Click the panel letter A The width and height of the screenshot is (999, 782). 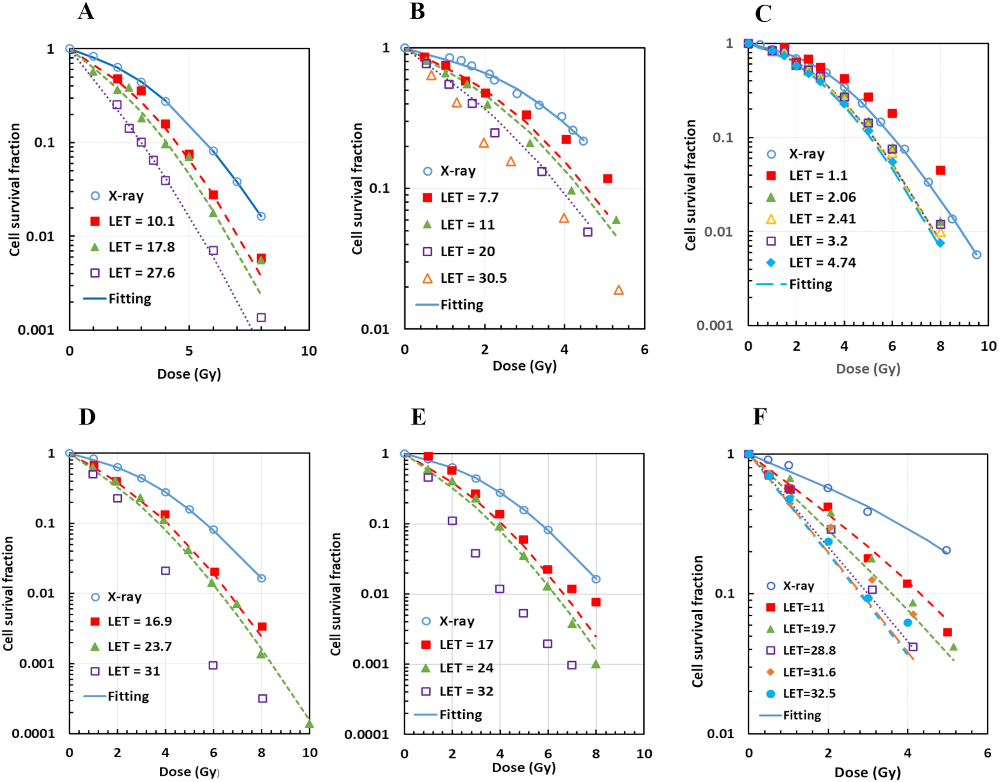(x=86, y=11)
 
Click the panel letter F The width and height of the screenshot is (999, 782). (x=759, y=416)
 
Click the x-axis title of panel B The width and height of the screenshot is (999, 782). (x=524, y=366)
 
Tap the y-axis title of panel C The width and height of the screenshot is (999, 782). (x=691, y=185)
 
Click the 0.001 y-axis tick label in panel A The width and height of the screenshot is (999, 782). (x=36, y=330)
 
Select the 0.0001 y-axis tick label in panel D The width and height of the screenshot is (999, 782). (x=33, y=734)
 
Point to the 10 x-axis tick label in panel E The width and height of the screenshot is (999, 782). (x=644, y=754)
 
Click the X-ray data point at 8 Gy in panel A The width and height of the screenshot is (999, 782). (x=261, y=216)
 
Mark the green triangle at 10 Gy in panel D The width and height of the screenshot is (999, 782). (x=309, y=724)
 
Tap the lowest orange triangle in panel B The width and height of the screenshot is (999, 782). (x=619, y=290)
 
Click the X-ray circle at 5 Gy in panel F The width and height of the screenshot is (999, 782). (x=946, y=550)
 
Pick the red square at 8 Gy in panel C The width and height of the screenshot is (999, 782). (x=940, y=170)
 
